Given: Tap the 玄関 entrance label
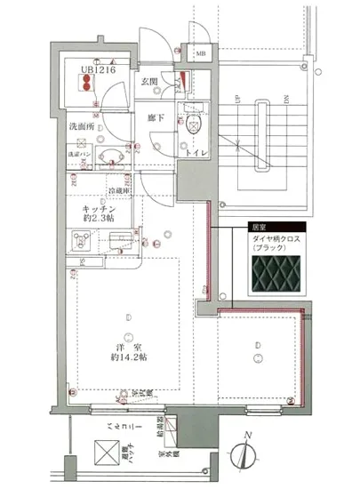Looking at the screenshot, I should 148,83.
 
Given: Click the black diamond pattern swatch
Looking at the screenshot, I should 276,277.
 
